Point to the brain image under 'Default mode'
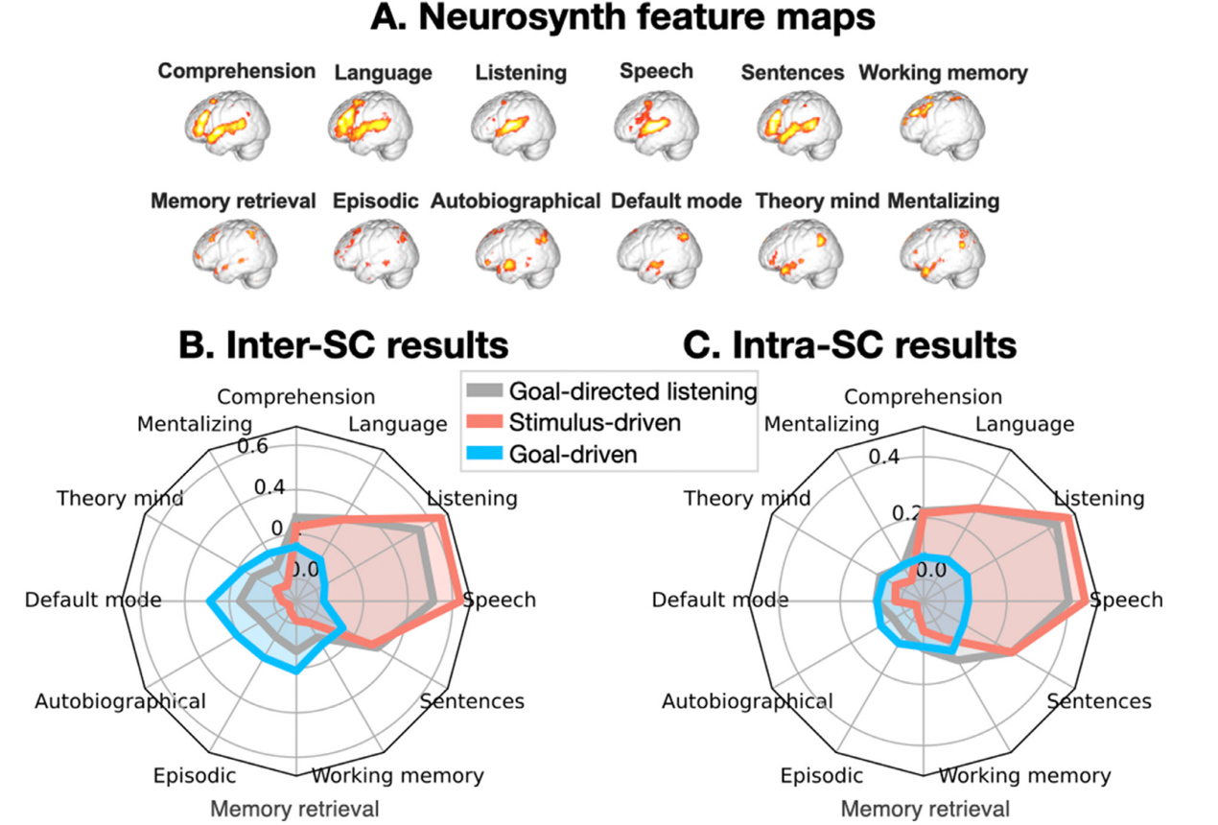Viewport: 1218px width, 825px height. coord(654,251)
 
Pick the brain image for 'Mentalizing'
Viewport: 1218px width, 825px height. coord(941,251)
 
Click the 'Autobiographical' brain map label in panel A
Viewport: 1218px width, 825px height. coord(515,201)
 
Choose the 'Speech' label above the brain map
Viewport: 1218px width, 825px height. coord(656,71)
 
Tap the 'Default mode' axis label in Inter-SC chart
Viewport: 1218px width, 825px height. coord(93,601)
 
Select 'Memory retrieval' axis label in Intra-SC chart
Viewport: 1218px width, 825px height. coord(925,808)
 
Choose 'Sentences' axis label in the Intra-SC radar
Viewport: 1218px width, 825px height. coord(1099,701)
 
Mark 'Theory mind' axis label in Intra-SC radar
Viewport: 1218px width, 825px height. coord(745,498)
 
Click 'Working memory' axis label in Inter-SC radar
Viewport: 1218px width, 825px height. coord(398,775)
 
